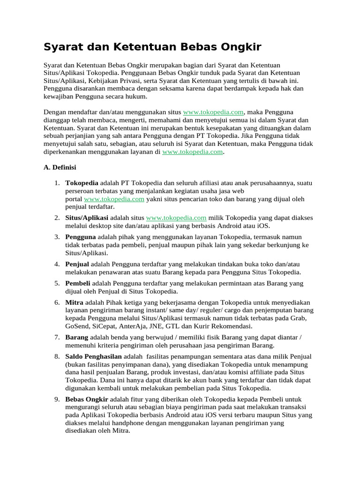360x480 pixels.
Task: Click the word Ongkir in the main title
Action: click(239, 47)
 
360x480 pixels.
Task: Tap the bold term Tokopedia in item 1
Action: click(82, 183)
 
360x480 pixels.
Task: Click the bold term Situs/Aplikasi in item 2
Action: click(87, 218)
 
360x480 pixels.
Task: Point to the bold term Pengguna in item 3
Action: click(81, 237)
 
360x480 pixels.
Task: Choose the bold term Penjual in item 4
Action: click(77, 264)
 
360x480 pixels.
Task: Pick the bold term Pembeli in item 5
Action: click(78, 284)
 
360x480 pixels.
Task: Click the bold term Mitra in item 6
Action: click(75, 303)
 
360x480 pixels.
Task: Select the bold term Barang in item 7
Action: click(77, 337)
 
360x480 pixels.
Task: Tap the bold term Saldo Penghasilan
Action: click(93, 357)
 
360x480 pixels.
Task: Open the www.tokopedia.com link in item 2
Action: click(176, 218)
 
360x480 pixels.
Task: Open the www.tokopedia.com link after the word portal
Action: click(114, 199)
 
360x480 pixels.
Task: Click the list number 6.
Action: click(56, 303)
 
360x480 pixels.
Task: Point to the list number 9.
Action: click(56, 399)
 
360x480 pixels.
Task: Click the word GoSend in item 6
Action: click(78, 326)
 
